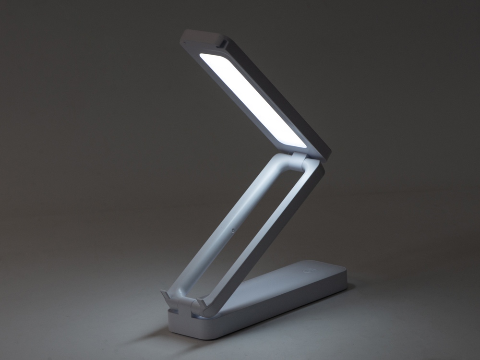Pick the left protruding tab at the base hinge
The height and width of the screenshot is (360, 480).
(166, 295)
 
